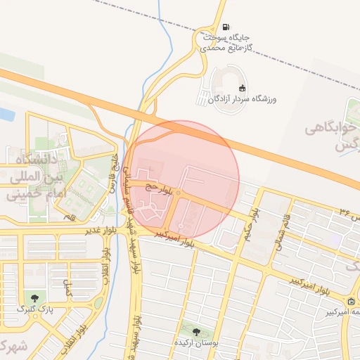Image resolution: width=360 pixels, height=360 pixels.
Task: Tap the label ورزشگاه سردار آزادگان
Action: click(x=242, y=100)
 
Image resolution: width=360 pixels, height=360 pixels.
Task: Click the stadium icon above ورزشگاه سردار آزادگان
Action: click(x=242, y=88)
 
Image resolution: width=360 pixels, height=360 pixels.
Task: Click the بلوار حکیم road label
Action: click(x=253, y=224)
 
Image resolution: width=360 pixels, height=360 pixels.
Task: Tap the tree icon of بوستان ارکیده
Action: click(x=195, y=331)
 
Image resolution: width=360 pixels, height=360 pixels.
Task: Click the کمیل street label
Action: click(x=67, y=285)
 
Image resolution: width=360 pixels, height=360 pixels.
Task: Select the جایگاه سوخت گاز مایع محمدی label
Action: click(x=224, y=42)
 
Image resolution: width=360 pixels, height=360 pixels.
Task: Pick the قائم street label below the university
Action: click(x=68, y=219)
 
